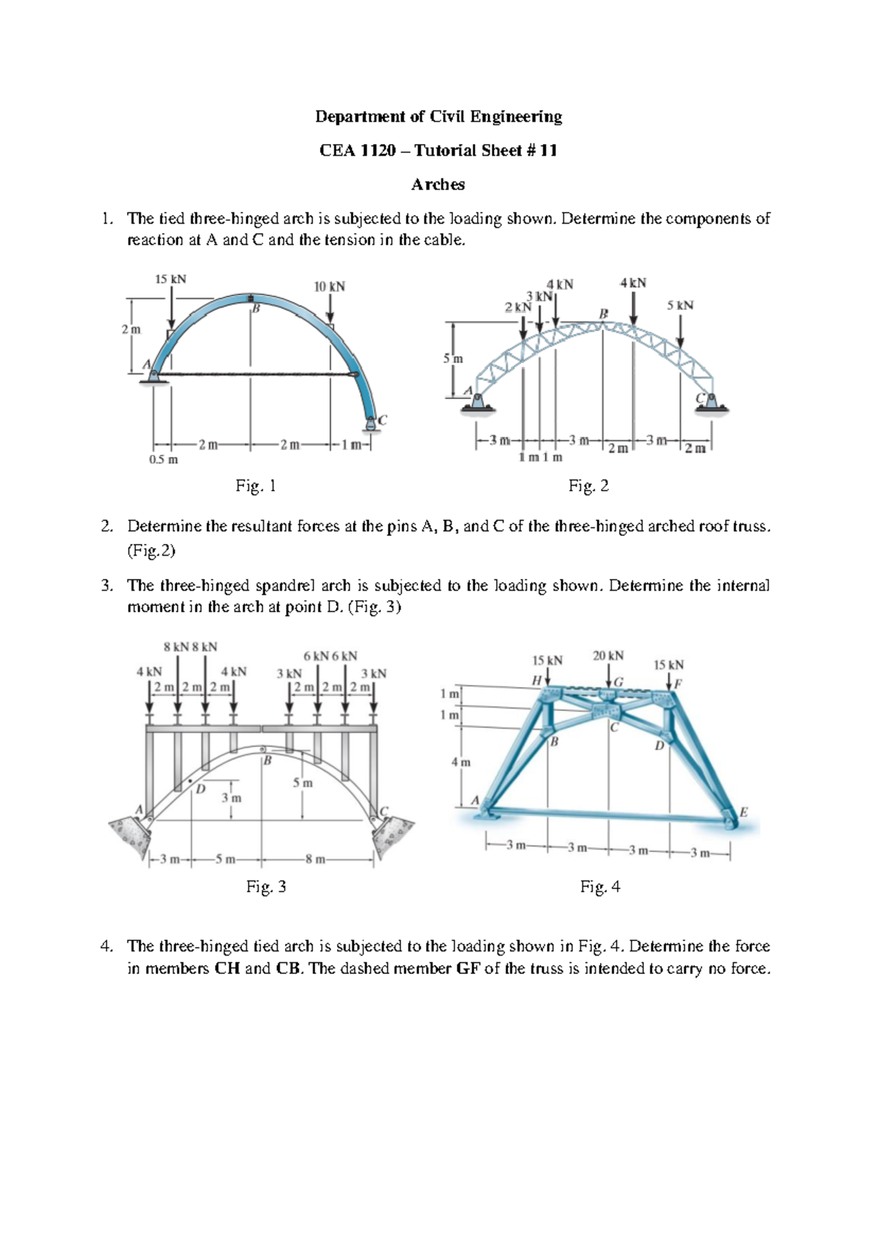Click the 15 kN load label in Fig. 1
pos(170,279)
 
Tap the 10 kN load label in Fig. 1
pos(329,287)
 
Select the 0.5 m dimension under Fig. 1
pos(163,460)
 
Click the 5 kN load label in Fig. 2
pos(680,305)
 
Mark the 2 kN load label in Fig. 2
pos(518,308)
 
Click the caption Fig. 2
pos(588,486)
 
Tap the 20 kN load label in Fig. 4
pos(608,656)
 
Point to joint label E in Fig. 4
pos(743,812)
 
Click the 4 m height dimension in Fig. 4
pos(460,762)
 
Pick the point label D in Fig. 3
pos(200,790)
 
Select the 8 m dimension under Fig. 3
pos(315,859)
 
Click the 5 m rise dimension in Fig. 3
pos(303,783)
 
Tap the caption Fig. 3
pos(266,887)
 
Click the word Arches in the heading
pos(438,184)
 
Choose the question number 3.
pos(107,586)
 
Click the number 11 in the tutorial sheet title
pos(548,151)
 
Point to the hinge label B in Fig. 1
pos(256,310)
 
